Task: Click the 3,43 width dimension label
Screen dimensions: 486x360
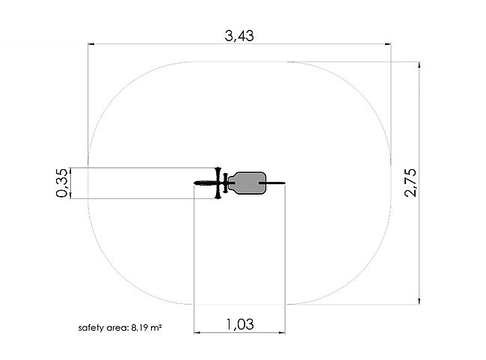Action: [239, 36]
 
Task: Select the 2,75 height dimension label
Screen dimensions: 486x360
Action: [410, 183]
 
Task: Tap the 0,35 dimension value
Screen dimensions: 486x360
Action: [61, 183]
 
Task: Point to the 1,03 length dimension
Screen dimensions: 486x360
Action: [240, 324]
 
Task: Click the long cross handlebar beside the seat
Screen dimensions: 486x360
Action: [218, 183]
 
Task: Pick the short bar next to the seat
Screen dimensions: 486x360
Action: [226, 183]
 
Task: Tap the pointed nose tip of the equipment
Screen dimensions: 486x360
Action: [195, 183]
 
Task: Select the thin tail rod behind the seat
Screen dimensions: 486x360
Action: [275, 183]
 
